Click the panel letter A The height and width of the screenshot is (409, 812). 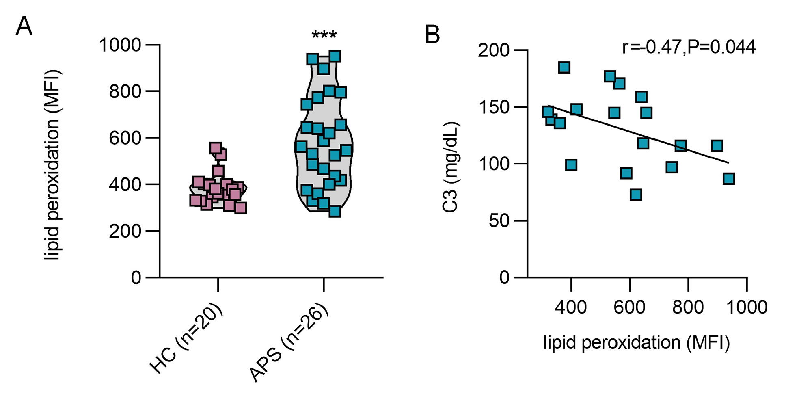click(24, 27)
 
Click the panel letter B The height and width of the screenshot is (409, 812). click(432, 35)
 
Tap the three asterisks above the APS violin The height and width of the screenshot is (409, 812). click(324, 35)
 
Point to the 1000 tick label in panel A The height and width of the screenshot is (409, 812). click(120, 45)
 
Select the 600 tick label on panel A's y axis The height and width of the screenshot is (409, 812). click(125, 138)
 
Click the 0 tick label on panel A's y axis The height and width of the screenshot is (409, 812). click(136, 278)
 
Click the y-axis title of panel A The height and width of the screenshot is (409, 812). click(53, 164)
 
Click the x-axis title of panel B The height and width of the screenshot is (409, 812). click(636, 342)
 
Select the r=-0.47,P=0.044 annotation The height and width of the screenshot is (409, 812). click(689, 47)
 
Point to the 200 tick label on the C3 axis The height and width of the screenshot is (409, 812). click(493, 51)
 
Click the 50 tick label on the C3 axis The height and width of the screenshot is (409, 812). click(499, 221)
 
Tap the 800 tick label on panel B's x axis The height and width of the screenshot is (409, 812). click(688, 307)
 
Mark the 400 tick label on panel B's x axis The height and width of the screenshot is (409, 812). click(570, 307)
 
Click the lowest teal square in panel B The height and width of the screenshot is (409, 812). click(636, 195)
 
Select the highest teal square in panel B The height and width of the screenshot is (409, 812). click(564, 67)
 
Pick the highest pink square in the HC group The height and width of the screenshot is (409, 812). click(216, 148)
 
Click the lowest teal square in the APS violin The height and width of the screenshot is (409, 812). click(335, 211)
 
